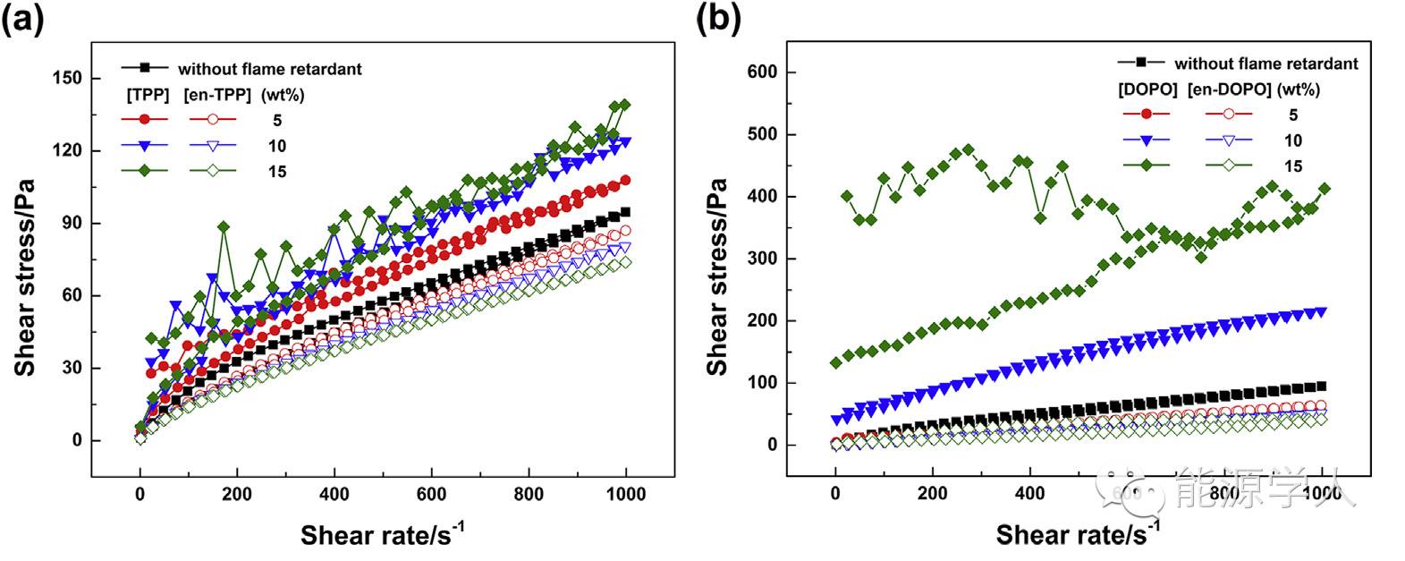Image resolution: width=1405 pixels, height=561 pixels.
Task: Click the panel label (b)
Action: [718, 19]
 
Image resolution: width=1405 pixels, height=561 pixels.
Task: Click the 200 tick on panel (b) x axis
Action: [933, 495]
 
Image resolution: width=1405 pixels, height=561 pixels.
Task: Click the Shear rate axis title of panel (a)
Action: [382, 535]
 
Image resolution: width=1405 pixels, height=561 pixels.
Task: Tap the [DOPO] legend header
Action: [1147, 89]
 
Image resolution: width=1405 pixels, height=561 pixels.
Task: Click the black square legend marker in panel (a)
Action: [143, 67]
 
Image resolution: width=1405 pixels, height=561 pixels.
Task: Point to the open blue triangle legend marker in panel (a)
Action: [212, 146]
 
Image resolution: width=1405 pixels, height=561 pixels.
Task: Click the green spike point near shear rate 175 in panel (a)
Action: [224, 226]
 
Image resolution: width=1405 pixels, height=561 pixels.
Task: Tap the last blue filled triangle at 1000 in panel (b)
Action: [1322, 311]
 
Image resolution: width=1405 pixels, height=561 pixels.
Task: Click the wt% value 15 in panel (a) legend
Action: [277, 171]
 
